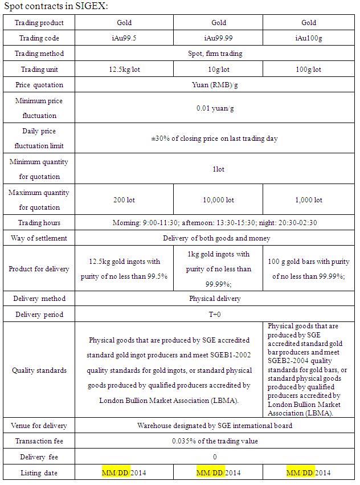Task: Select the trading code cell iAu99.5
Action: pyautogui.click(x=124, y=38)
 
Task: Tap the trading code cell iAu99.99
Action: pyautogui.click(x=219, y=38)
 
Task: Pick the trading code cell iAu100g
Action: pyautogui.click(x=309, y=38)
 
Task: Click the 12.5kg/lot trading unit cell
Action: pyautogui.click(x=124, y=70)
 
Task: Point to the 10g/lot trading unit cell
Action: pyautogui.click(x=219, y=70)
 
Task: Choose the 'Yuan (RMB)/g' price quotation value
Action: pyautogui.click(x=215, y=85)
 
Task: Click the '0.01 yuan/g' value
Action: pyautogui.click(x=215, y=107)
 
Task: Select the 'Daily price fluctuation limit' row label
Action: pyautogui.click(x=39, y=138)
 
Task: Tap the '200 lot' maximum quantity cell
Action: pyautogui.click(x=124, y=200)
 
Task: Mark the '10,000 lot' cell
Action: pyautogui.click(x=219, y=200)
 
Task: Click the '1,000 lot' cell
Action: pyautogui.click(x=309, y=200)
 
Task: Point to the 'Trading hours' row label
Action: pyautogui.click(x=39, y=223)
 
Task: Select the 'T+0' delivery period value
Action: pyautogui.click(x=215, y=314)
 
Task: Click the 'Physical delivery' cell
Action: pyautogui.click(x=215, y=299)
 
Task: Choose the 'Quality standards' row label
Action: pyautogui.click(x=39, y=370)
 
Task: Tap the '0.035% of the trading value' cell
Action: pyautogui.click(x=215, y=441)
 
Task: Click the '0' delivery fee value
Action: pyautogui.click(x=215, y=457)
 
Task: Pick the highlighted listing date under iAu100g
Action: pyautogui.click(x=308, y=472)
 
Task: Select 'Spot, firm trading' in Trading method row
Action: pyautogui.click(x=215, y=54)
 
